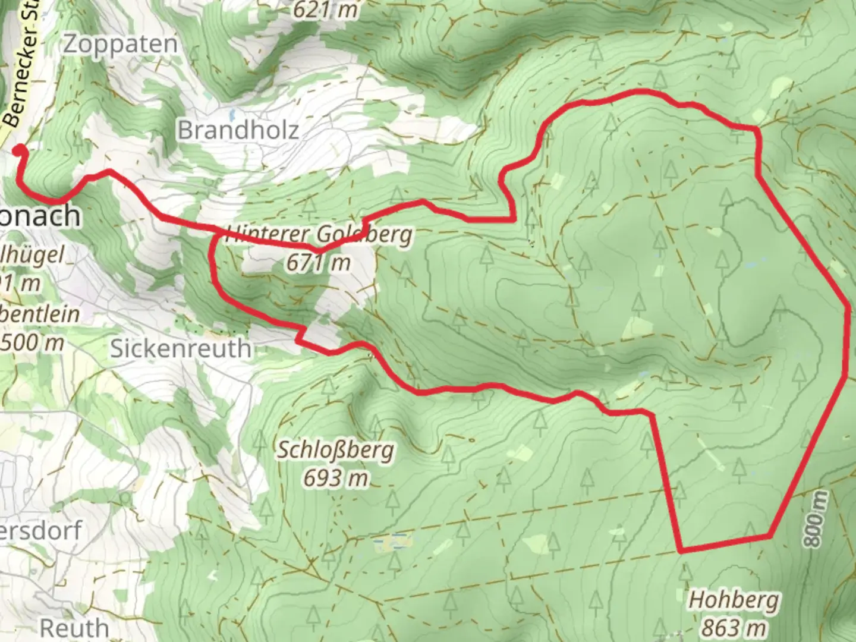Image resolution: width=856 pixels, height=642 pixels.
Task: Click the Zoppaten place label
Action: click(x=121, y=45)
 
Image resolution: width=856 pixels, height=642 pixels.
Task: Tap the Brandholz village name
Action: click(x=238, y=130)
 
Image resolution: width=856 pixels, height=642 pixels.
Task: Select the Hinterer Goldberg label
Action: click(x=319, y=234)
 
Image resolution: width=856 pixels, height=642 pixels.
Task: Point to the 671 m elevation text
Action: click(x=319, y=262)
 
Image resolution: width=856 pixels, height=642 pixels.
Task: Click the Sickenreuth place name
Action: click(x=181, y=348)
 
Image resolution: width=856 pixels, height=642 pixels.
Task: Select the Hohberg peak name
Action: click(x=734, y=600)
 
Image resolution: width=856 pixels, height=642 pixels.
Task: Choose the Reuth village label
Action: click(x=74, y=627)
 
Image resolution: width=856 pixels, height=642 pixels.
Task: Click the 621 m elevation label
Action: click(x=326, y=9)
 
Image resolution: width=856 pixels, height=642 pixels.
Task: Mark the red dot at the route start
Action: click(x=19, y=149)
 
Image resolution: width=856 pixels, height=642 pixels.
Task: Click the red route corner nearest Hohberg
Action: click(x=681, y=550)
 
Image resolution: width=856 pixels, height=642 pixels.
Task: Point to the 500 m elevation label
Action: click(x=32, y=342)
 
